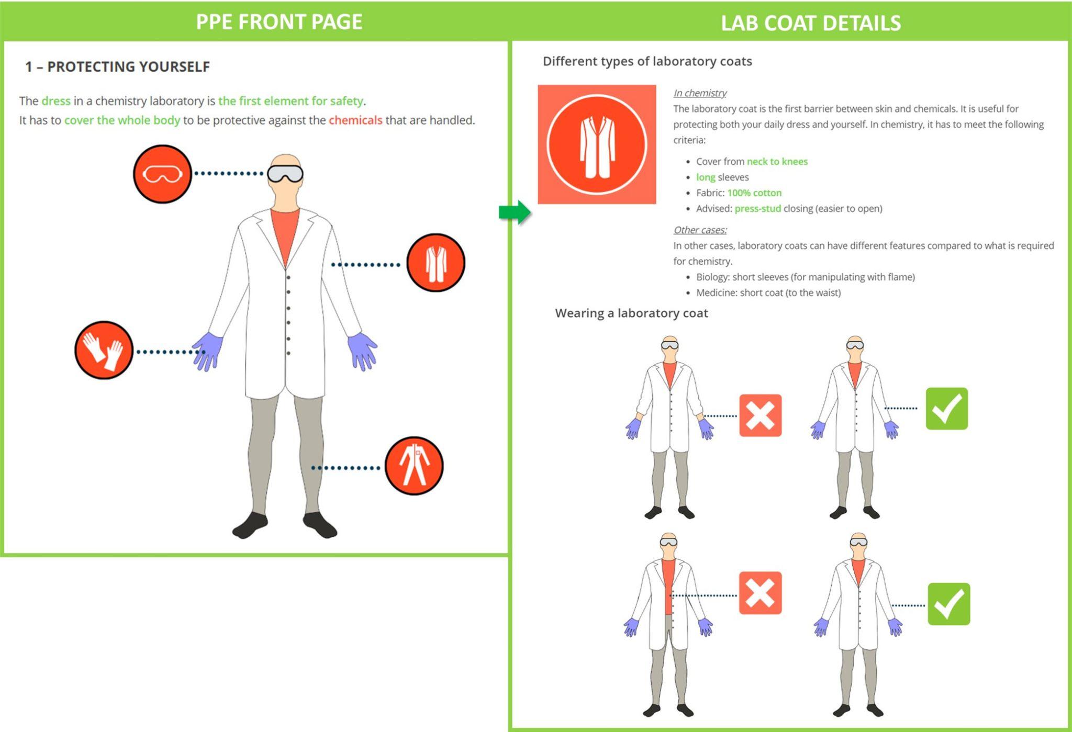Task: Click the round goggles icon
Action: [162, 174]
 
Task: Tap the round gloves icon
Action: [104, 350]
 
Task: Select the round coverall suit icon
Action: [414, 466]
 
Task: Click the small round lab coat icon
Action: [435, 263]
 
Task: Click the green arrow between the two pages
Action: [515, 212]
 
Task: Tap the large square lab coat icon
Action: [597, 144]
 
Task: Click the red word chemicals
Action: [355, 120]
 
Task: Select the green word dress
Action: [56, 101]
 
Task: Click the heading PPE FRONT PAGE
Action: [279, 22]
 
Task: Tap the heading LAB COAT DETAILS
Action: [811, 23]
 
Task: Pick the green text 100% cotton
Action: [754, 193]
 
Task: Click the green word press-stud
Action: [757, 209]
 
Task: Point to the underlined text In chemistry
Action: [700, 93]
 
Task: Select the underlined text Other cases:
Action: [700, 230]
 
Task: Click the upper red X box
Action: [760, 416]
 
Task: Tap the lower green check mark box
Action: [948, 604]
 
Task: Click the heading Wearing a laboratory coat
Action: [631, 313]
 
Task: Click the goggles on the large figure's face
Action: [285, 174]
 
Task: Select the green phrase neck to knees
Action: [777, 162]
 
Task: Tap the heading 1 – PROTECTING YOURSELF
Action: [118, 67]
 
